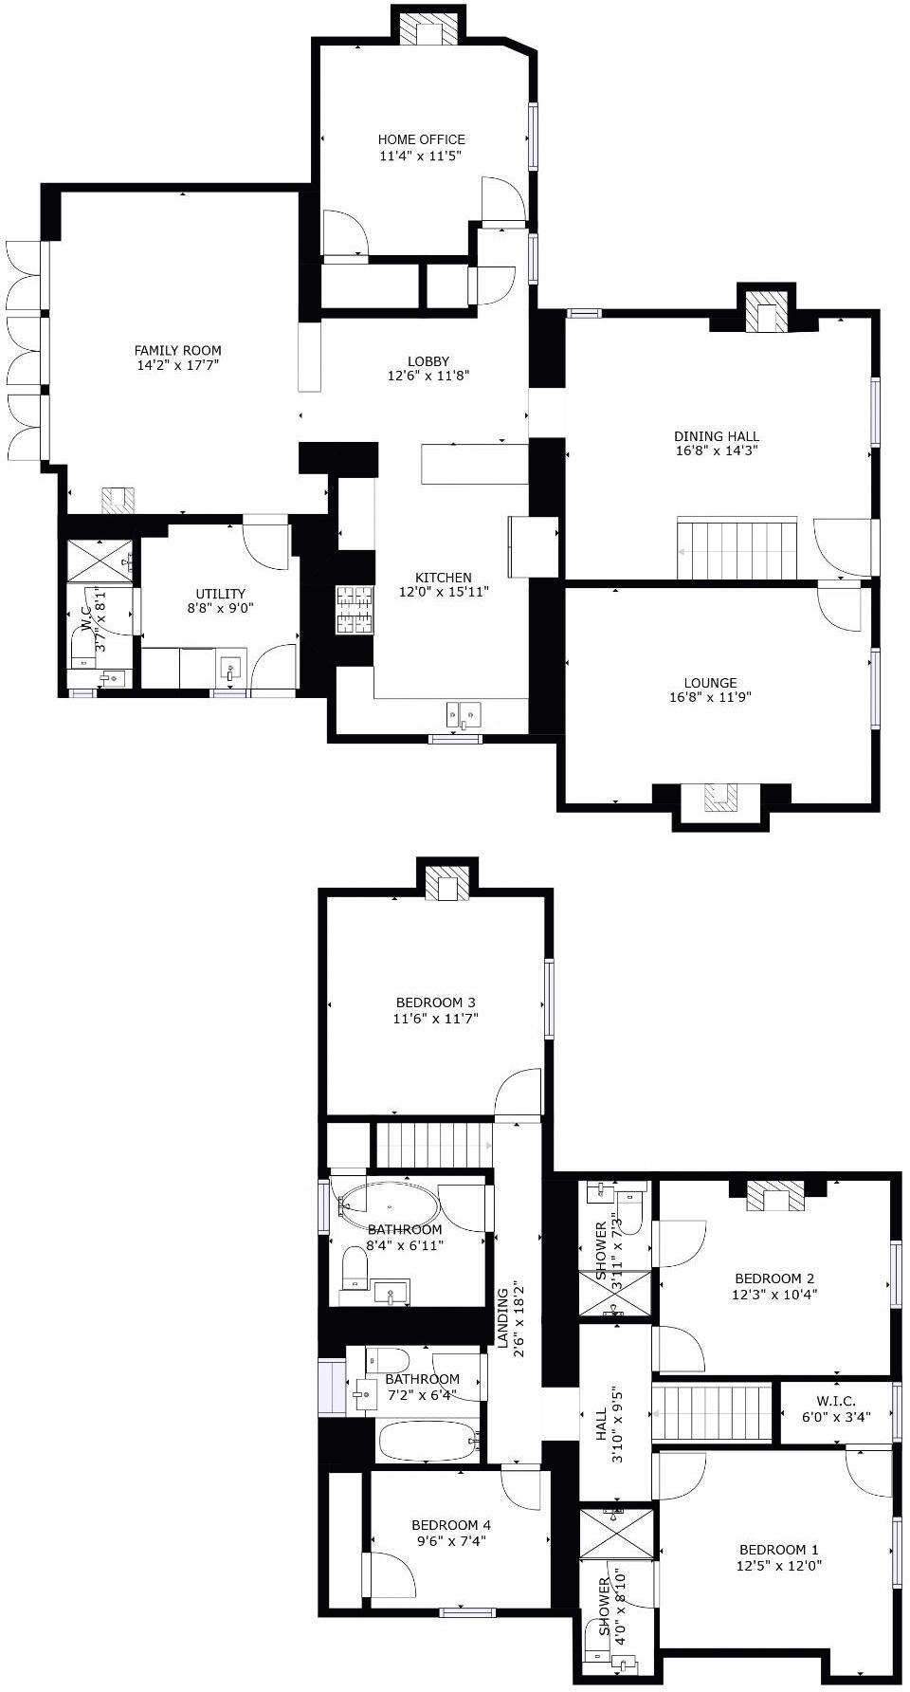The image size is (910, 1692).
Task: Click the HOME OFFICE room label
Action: pos(421,139)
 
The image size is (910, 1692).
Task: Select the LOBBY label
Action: pos(428,360)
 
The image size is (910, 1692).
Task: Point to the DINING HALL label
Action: pos(716,436)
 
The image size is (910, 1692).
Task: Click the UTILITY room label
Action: pos(220,594)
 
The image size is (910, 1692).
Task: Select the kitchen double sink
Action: pos(464,713)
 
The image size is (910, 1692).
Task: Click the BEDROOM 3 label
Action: pos(435,1002)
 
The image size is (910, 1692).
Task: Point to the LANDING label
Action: pos(504,1316)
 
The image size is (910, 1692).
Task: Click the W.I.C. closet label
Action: pos(836,1401)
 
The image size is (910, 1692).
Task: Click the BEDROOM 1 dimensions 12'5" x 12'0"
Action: pos(780,1566)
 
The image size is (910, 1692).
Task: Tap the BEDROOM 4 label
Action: pos(451,1525)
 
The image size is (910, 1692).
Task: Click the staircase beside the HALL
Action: pos(713,1412)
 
